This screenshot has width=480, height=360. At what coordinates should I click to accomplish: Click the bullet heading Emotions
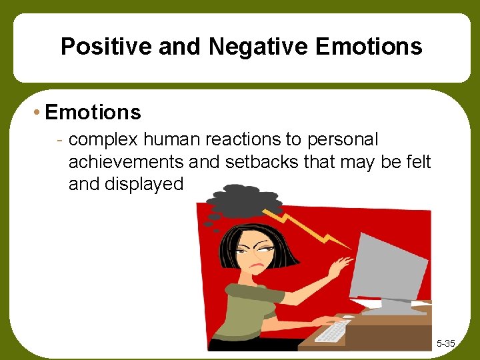point(93,112)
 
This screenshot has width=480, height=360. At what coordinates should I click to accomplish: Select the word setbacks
point(249,161)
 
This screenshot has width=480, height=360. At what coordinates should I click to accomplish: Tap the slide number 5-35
point(445,343)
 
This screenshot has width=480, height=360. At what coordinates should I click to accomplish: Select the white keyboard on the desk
point(333,330)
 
